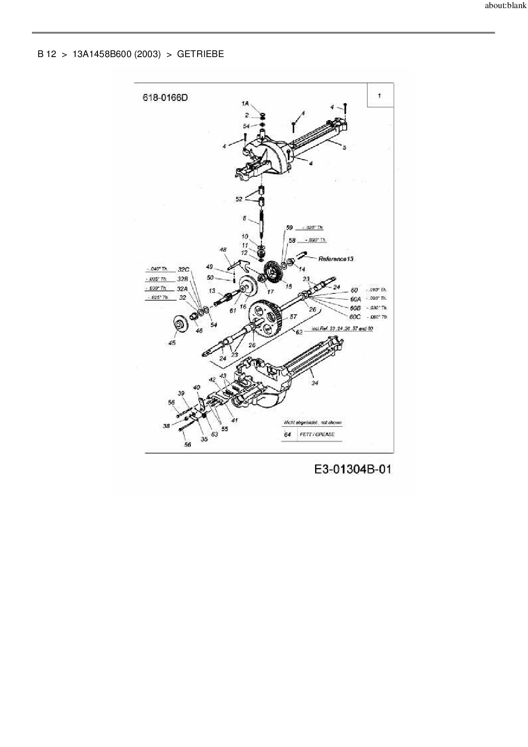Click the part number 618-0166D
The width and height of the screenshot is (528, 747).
tap(165, 98)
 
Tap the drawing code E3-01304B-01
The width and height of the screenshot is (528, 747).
tap(352, 469)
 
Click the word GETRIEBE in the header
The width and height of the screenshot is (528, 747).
tap(200, 54)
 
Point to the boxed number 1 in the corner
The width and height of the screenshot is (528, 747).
tap(379, 95)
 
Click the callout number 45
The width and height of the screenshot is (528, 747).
tap(172, 342)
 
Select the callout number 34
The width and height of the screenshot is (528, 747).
tap(315, 383)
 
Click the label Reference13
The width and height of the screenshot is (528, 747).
tap(336, 259)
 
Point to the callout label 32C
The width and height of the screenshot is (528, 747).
tap(183, 270)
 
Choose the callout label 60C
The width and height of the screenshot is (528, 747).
tap(355, 317)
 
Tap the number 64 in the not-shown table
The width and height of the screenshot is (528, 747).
tap(287, 434)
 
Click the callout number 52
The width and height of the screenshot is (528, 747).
tap(238, 199)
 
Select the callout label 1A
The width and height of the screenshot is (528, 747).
tap(244, 103)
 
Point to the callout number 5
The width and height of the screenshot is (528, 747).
tap(344, 148)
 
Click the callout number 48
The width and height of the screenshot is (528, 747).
tap(223, 250)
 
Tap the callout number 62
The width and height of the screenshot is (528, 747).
tap(299, 332)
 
